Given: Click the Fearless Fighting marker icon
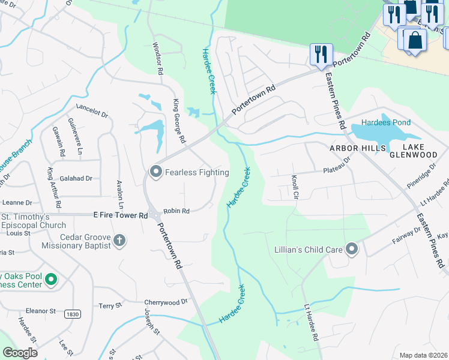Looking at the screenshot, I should (x=156, y=172).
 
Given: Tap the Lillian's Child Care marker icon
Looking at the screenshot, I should (x=351, y=248).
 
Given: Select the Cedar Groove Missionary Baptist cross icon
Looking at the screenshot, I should (x=119, y=241).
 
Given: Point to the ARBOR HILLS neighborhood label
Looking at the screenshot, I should (x=355, y=147).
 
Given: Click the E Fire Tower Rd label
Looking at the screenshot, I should (x=120, y=215).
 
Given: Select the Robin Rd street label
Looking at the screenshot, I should (x=176, y=211).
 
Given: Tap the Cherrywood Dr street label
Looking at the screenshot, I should (x=166, y=302).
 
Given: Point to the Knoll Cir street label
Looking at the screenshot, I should (x=295, y=186).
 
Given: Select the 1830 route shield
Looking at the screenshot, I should (x=73, y=314).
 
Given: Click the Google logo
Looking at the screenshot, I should (x=20, y=352).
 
